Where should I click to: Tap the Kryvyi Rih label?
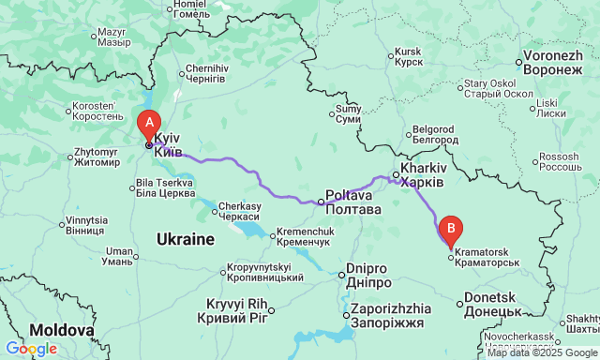pyautogui.click(x=237, y=310)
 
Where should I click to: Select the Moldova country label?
pyautogui.click(x=61, y=330)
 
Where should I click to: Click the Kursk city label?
pyautogui.click(x=408, y=56)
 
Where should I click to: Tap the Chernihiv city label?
pyautogui.click(x=206, y=74)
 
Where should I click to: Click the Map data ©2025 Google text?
pyautogui.click(x=542, y=353)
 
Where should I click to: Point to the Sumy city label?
pyautogui.click(x=348, y=114)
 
